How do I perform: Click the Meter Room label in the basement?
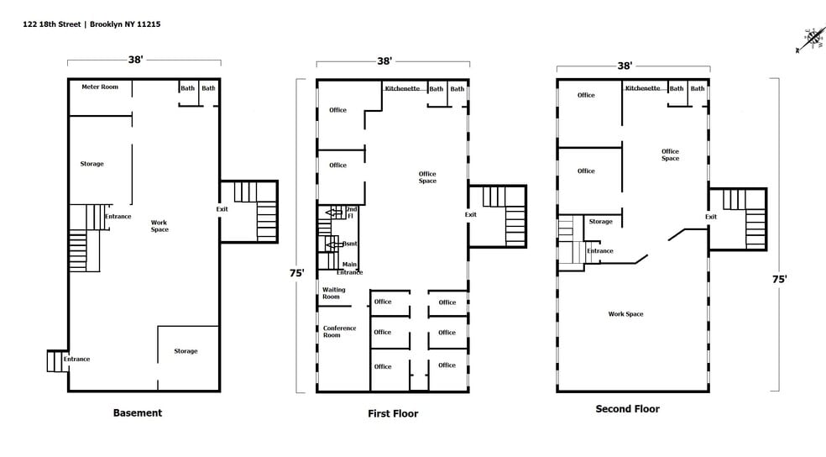pos(99,87)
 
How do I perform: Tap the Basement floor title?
pos(137,412)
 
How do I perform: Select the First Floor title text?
pos(392,413)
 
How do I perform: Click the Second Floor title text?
pos(627,409)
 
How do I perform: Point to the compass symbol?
pos(810,39)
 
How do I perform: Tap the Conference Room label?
pos(339,332)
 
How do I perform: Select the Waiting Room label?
pos(333,293)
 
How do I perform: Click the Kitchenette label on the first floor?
pos(402,88)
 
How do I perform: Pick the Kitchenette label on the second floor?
pos(642,88)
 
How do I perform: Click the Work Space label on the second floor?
pos(625,314)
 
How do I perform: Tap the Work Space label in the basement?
pos(159,226)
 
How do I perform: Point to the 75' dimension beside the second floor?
pos(779,280)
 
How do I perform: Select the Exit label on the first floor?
pos(470,214)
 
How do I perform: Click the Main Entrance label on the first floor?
pos(349,268)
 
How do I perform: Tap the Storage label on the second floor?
pos(600,222)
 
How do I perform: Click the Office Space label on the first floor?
pos(427,177)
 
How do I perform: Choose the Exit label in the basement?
pos(222,208)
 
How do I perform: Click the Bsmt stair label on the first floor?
pos(349,244)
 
